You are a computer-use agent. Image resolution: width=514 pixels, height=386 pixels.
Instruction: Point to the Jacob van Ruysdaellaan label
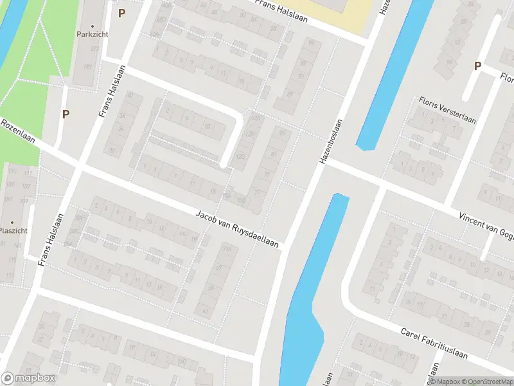237,228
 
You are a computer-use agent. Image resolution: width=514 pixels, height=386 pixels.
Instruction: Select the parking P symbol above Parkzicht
121,12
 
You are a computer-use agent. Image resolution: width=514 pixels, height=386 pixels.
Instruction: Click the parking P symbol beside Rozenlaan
66,114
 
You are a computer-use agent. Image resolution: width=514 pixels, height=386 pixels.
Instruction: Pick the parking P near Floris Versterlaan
477,66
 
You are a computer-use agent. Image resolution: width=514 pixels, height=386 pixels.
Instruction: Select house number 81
274,154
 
